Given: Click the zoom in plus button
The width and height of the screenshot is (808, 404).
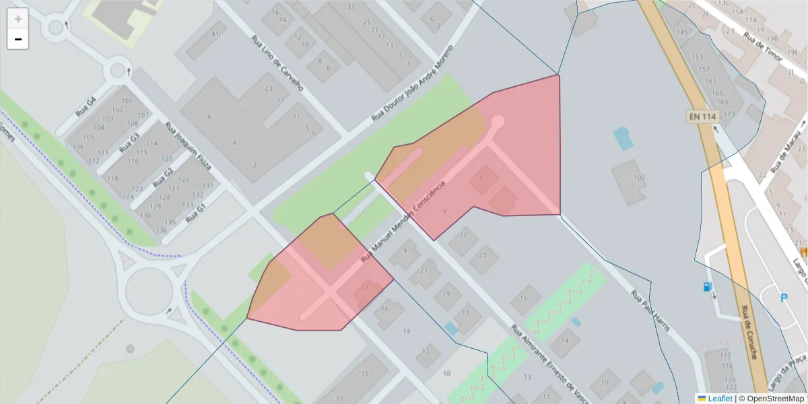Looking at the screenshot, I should [x=18, y=19].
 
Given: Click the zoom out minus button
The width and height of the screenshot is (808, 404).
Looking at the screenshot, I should [x=18, y=39].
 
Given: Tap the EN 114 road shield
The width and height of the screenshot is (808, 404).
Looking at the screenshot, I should [x=702, y=116].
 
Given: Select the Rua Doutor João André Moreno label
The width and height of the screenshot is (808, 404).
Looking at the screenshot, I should [x=413, y=85].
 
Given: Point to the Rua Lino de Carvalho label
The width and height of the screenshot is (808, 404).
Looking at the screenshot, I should [x=277, y=63].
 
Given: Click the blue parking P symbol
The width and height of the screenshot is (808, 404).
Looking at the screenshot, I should [x=784, y=298].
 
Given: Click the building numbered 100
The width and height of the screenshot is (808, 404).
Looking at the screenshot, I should [x=638, y=178].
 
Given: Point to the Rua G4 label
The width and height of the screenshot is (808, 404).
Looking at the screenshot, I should [x=86, y=108].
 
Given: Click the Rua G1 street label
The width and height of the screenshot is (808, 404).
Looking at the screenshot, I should [x=195, y=212].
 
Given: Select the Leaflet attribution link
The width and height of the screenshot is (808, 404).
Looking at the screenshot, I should [x=719, y=399].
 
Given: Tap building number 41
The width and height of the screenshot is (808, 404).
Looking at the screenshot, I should [x=215, y=34].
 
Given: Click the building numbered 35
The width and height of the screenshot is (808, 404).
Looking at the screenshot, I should [x=364, y=373].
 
